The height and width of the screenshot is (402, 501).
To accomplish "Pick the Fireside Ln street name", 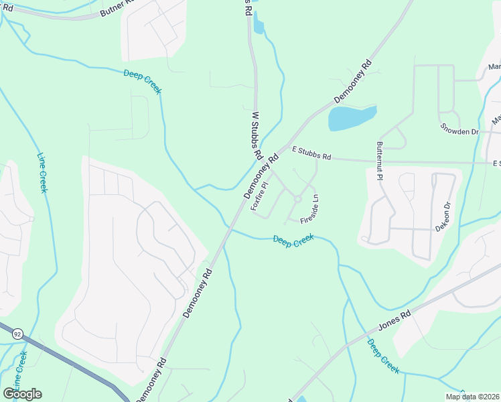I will click(x=309, y=210).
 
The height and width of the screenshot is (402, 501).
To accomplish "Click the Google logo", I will click(x=22, y=394).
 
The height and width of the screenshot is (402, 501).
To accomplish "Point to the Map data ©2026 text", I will click(x=472, y=397).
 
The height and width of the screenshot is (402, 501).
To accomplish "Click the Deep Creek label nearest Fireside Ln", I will click(x=293, y=241).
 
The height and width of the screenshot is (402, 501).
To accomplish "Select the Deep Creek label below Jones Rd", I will click(x=384, y=355).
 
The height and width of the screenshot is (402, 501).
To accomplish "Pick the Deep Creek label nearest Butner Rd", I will click(x=142, y=81).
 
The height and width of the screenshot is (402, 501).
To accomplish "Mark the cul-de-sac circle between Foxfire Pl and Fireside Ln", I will click(x=297, y=198).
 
